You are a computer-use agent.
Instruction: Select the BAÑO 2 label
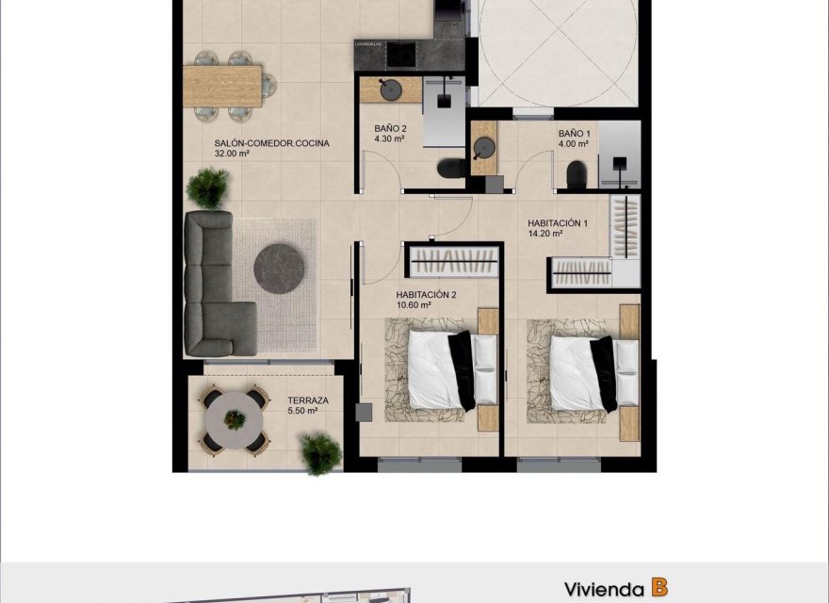tap(390, 128)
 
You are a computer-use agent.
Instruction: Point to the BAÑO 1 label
tap(573, 134)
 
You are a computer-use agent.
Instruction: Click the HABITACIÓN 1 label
tap(558, 223)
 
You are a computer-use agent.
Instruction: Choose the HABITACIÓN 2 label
tap(426, 294)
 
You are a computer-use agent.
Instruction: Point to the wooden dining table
tap(221, 85)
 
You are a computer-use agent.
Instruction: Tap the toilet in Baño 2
tap(450, 168)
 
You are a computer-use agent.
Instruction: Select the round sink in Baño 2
tap(388, 90)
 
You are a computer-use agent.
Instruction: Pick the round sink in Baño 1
tap(485, 148)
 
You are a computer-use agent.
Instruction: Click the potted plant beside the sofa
tap(207, 187)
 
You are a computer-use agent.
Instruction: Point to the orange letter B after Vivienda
tap(659, 588)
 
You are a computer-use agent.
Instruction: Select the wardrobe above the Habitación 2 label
tap(456, 260)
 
